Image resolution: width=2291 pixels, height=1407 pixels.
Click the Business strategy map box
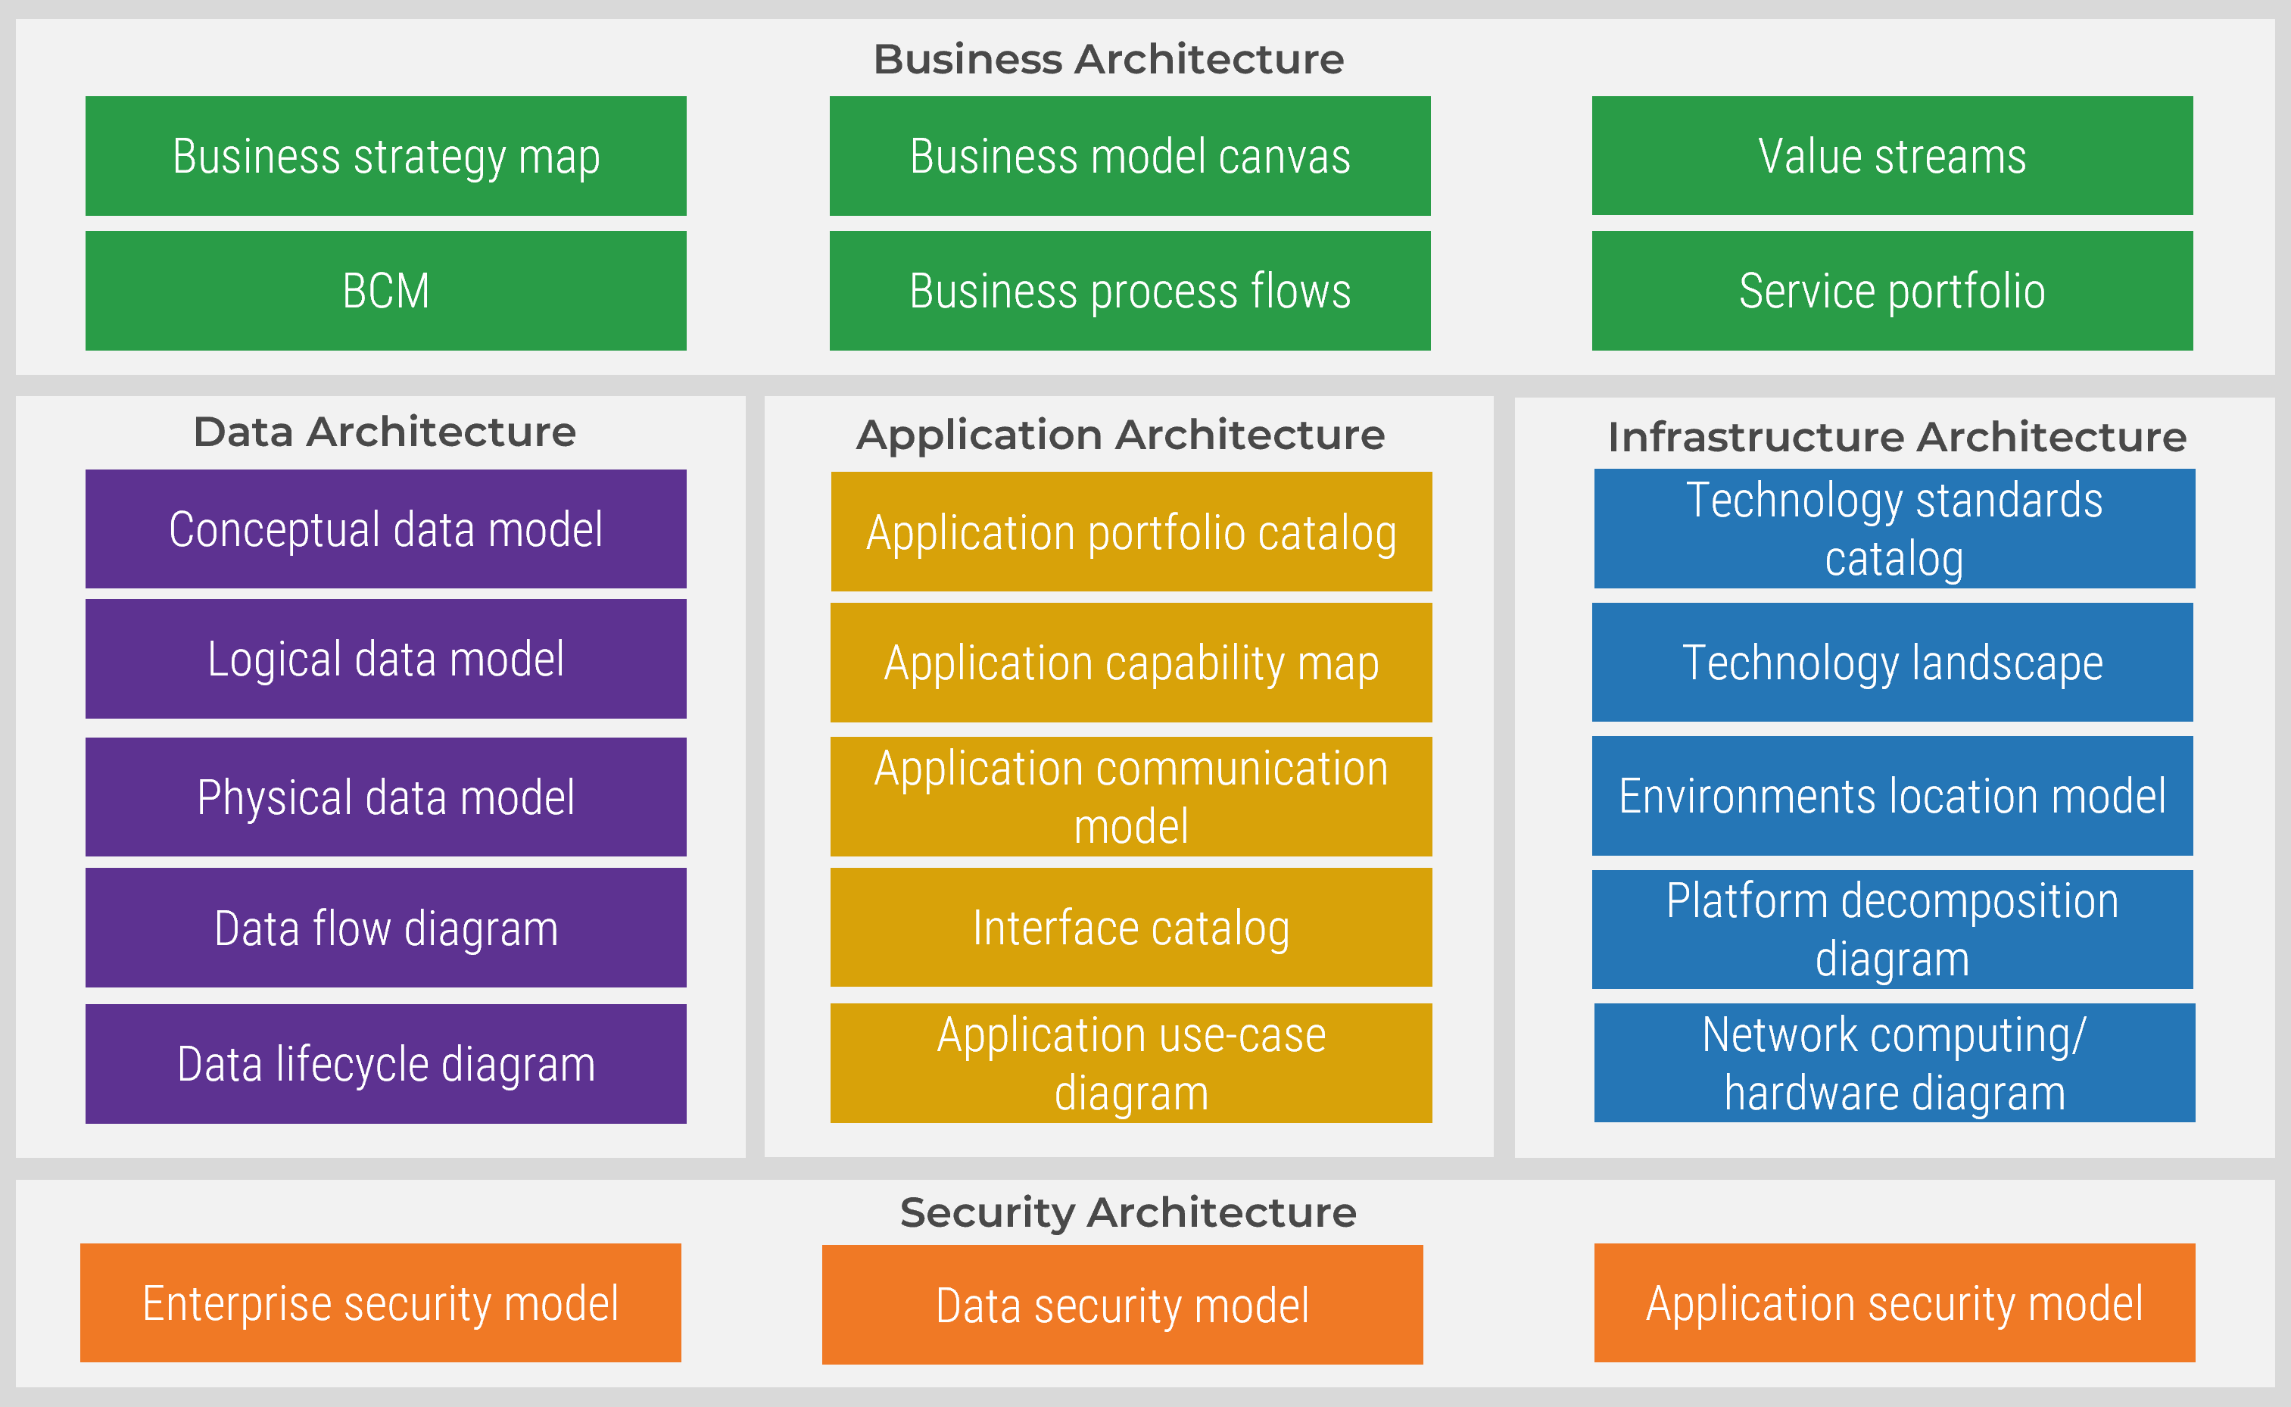pos(385,155)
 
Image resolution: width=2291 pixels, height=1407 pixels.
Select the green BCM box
pos(385,290)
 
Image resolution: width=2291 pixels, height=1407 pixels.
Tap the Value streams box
pos(1891,155)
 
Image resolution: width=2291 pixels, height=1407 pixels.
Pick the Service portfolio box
pos(1891,290)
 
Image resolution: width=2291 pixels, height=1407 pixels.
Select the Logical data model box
pos(385,659)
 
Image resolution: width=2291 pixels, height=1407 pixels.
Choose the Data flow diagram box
pos(385,928)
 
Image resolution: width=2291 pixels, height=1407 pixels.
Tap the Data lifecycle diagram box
pos(385,1064)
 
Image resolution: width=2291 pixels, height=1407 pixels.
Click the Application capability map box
pos(1130,663)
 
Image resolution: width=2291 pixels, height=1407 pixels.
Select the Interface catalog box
pos(1130,928)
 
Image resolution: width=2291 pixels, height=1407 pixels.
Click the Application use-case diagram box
pos(1130,1062)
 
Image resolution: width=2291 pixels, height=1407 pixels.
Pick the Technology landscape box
pos(1891,663)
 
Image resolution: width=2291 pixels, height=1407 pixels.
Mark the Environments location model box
pos(1891,796)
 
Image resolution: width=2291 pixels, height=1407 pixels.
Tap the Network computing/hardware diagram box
pos(1894,1062)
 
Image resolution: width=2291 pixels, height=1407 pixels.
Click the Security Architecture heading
pos(1127,1212)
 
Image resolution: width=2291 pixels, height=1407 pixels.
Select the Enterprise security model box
pos(379,1302)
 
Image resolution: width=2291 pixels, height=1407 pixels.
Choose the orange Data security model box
pos(1122,1305)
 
